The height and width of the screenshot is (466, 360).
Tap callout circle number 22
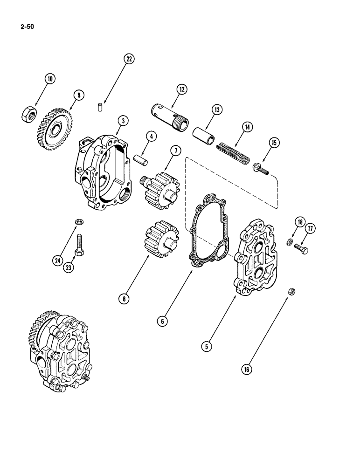(x=128, y=59)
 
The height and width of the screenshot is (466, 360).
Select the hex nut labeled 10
(x=28, y=113)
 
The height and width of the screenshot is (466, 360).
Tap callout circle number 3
(x=123, y=120)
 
